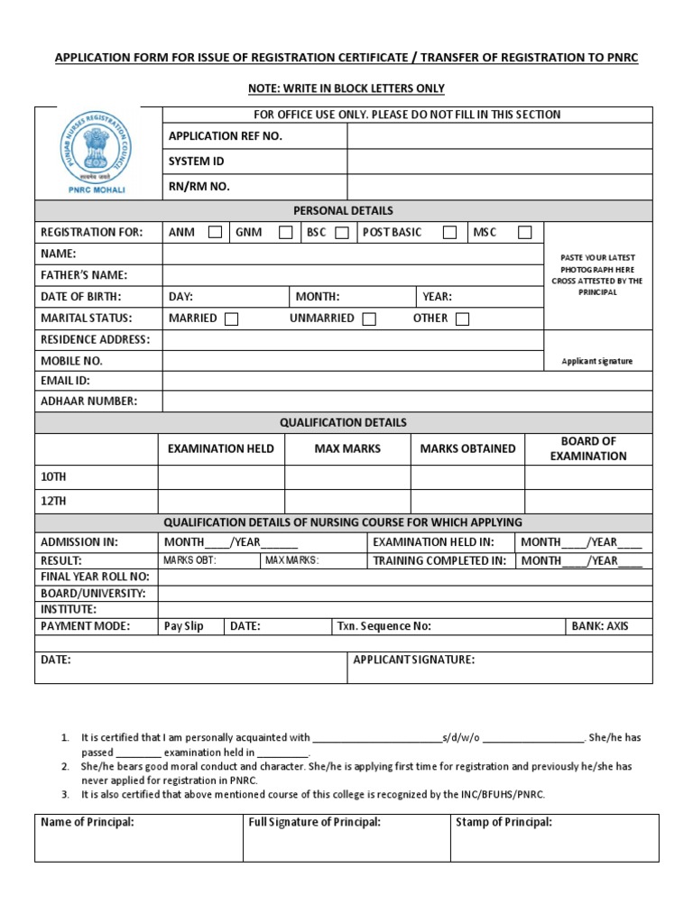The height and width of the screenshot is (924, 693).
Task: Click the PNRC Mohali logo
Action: [x=97, y=152]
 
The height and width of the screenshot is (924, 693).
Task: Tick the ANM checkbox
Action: [x=215, y=233]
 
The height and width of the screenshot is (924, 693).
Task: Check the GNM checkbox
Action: [x=285, y=233]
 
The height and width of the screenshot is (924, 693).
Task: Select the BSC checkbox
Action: [x=341, y=233]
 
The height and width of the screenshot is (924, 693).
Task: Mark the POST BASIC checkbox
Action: [x=449, y=233]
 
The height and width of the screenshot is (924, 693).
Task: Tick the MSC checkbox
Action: [x=524, y=233]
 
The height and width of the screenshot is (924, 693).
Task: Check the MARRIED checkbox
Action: [x=232, y=319]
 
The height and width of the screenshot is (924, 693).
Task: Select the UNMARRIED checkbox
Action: [x=368, y=319]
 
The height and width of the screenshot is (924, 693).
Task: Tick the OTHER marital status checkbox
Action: [x=462, y=319]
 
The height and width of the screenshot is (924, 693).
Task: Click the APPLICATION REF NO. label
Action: [x=226, y=136]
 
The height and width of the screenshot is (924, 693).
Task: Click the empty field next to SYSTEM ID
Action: [x=499, y=162]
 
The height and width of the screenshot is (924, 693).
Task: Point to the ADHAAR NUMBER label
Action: [x=89, y=402]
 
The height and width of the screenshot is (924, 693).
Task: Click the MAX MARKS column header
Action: [x=347, y=448]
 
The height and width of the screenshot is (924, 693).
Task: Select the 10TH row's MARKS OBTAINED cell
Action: [x=467, y=477]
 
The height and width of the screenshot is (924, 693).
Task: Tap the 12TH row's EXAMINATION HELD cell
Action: [x=222, y=501]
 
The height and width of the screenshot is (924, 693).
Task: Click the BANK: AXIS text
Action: [x=600, y=626]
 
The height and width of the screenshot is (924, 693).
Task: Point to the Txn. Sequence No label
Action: [x=384, y=626]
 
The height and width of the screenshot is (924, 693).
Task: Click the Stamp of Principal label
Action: [x=504, y=822]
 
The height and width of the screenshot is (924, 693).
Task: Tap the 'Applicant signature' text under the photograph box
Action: [x=597, y=361]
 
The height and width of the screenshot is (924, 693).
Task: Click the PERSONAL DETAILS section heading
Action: [x=343, y=210]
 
